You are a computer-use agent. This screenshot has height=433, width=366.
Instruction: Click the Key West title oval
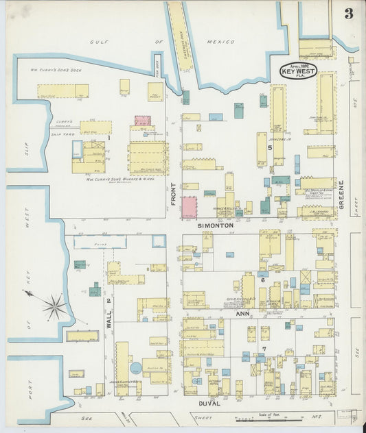tap(298, 71)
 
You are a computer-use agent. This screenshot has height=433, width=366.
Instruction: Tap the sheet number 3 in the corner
tap(349, 14)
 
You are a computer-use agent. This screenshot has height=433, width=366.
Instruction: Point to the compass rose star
tap(55, 306)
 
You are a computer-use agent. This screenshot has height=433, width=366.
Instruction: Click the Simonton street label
tap(216, 225)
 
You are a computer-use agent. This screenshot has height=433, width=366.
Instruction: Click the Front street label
tap(174, 193)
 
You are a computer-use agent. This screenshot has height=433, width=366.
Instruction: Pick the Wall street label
tap(108, 318)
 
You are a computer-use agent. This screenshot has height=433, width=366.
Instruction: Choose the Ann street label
tap(242, 314)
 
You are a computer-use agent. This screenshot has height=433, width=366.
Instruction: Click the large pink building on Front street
tap(189, 207)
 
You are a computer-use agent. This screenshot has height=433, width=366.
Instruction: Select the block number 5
tap(270, 147)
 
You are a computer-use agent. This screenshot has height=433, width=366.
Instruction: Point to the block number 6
tap(262, 280)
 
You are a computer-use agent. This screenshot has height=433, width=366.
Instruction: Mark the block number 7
tap(264, 349)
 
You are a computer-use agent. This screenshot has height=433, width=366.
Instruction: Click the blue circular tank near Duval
tap(135, 368)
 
